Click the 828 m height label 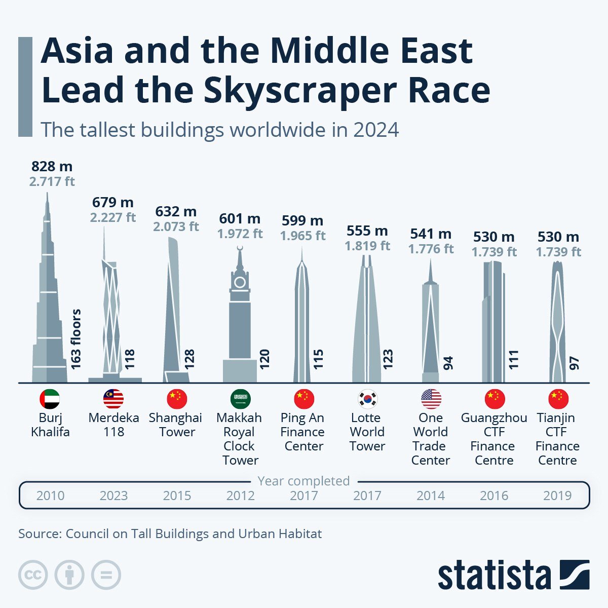52,166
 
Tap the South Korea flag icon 367,399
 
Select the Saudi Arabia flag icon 240,399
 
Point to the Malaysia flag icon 113,399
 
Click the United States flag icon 431,399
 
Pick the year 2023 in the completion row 113,496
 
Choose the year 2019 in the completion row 557,496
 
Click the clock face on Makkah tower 240,282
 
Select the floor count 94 448,363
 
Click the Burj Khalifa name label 50,425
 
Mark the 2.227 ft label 113,217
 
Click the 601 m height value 240,218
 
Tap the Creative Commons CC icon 33,575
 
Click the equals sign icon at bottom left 106,575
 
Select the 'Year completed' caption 303,481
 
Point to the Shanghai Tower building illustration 175,309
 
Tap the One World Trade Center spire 430,271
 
